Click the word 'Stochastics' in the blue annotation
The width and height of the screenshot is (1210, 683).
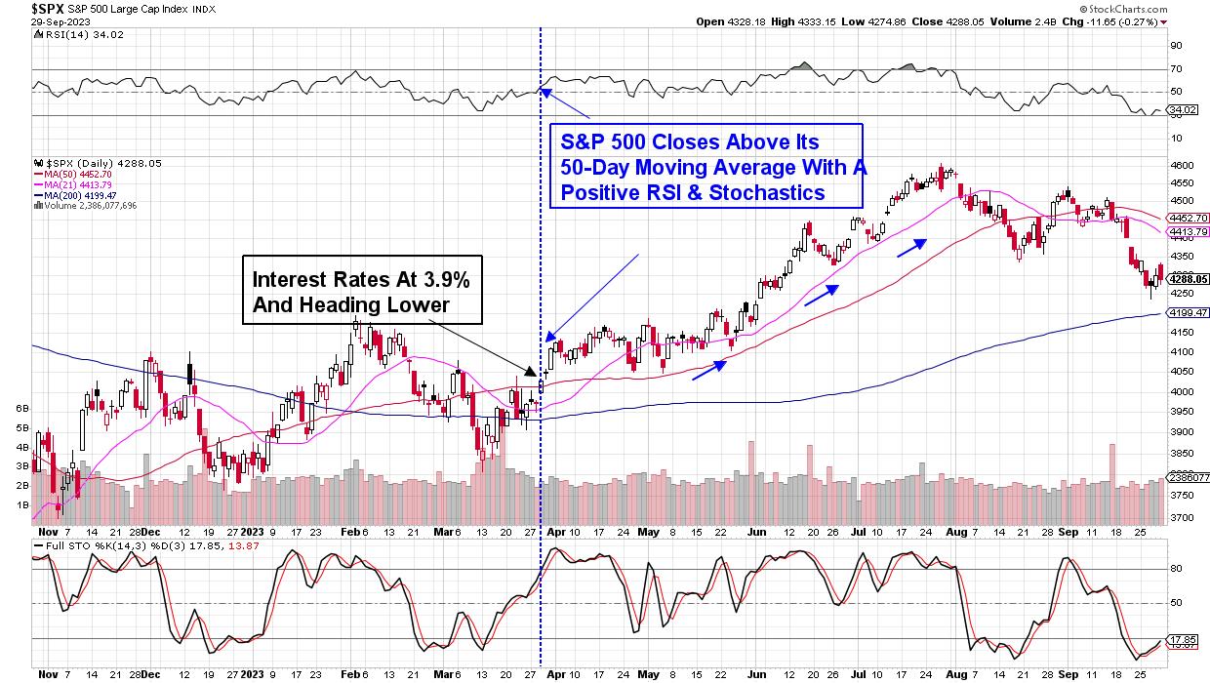pyautogui.click(x=766, y=193)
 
